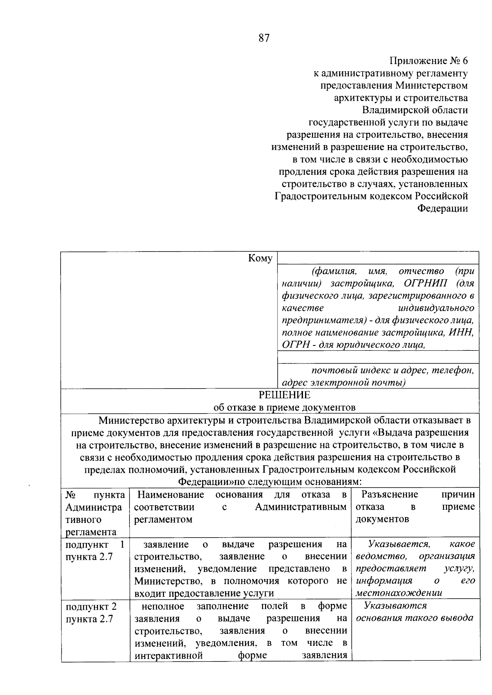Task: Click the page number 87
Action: pyautogui.click(x=264, y=38)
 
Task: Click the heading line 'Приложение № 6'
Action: pyautogui.click(x=428, y=61)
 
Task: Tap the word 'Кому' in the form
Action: pyautogui.click(x=260, y=258)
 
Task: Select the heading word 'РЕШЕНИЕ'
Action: pyautogui.click(x=284, y=395)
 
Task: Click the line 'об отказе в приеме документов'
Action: pyautogui.click(x=284, y=407)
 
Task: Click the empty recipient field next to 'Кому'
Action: pyautogui.click(x=378, y=258)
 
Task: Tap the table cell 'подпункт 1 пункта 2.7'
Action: pyautogui.click(x=95, y=550)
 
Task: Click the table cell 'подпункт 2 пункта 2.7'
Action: pyautogui.click(x=95, y=612)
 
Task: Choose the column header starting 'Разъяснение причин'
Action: pyautogui.click(x=415, y=506)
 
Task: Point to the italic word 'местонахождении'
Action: pyautogui.click(x=399, y=593)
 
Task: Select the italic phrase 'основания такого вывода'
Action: pyautogui.click(x=415, y=618)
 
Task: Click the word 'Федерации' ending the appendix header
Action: pyautogui.click(x=442, y=209)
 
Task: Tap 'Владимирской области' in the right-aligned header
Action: pyautogui.click(x=415, y=110)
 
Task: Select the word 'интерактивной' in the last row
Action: pyautogui.click(x=169, y=655)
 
